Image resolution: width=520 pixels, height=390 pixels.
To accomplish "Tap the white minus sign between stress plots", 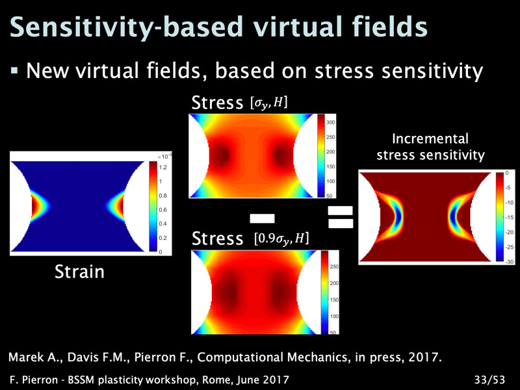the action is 262,218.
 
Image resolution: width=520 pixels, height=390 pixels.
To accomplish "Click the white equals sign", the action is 341,217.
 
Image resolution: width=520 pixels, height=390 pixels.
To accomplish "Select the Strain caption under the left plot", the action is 79,272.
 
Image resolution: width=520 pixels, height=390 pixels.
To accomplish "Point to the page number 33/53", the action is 490,380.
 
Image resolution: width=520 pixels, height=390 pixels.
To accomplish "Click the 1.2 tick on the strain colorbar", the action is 162,168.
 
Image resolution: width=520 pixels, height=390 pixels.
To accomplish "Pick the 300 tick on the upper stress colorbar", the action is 331,122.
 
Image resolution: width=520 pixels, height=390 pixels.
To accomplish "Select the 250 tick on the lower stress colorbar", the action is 334,266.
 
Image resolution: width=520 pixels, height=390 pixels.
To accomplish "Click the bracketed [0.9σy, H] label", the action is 281,239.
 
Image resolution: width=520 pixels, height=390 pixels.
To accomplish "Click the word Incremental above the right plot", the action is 430,138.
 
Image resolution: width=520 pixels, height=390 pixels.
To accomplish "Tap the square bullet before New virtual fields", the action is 14,70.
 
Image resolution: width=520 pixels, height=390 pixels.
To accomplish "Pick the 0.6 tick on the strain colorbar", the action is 162,209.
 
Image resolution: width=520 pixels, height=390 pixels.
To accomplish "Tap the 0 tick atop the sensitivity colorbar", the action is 507,173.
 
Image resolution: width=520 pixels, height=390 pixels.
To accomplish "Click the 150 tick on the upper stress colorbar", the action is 331,166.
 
